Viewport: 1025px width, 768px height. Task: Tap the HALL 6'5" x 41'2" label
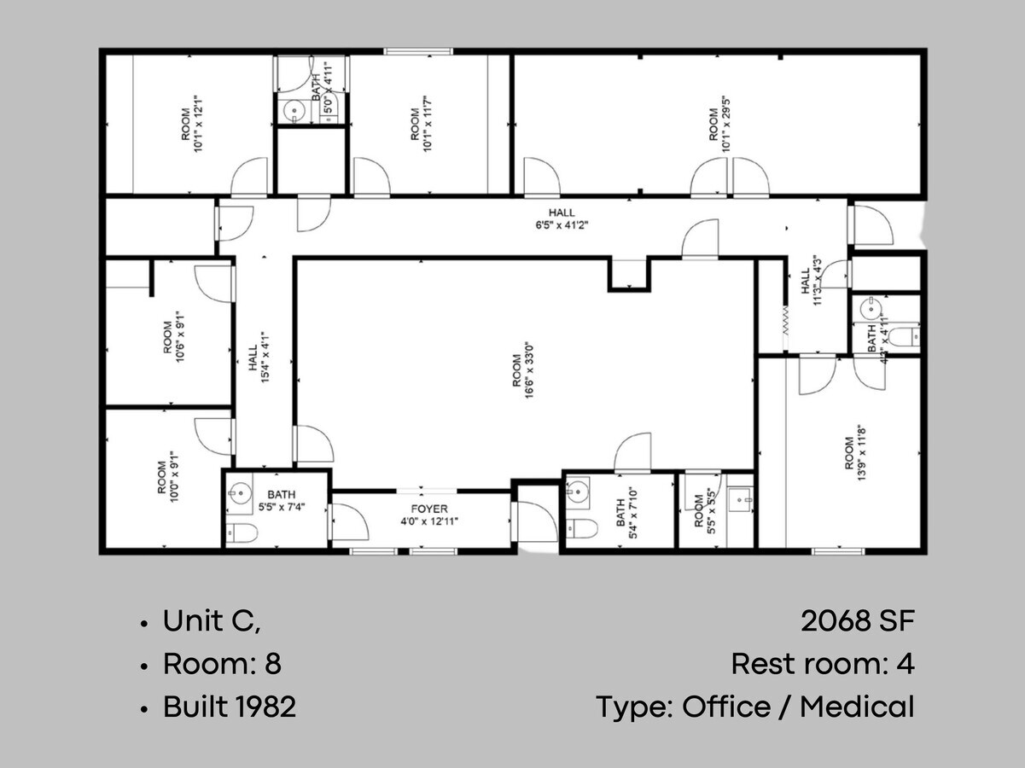click(x=562, y=219)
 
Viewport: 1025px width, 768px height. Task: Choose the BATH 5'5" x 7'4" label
click(x=282, y=500)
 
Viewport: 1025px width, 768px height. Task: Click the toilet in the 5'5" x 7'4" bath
click(x=242, y=534)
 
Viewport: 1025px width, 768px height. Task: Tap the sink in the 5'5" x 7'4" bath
click(x=240, y=492)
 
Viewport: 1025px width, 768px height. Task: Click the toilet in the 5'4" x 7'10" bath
click(x=583, y=527)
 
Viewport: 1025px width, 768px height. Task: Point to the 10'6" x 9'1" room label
click(x=174, y=337)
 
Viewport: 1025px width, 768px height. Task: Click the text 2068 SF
click(x=857, y=621)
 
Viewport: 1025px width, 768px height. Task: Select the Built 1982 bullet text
click(x=229, y=707)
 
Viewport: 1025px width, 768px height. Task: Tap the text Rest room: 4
click(x=822, y=664)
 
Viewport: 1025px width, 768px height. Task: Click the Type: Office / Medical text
click(x=754, y=707)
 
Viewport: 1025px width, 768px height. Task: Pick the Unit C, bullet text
click(x=211, y=621)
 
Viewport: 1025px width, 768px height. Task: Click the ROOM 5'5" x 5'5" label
click(x=705, y=509)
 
